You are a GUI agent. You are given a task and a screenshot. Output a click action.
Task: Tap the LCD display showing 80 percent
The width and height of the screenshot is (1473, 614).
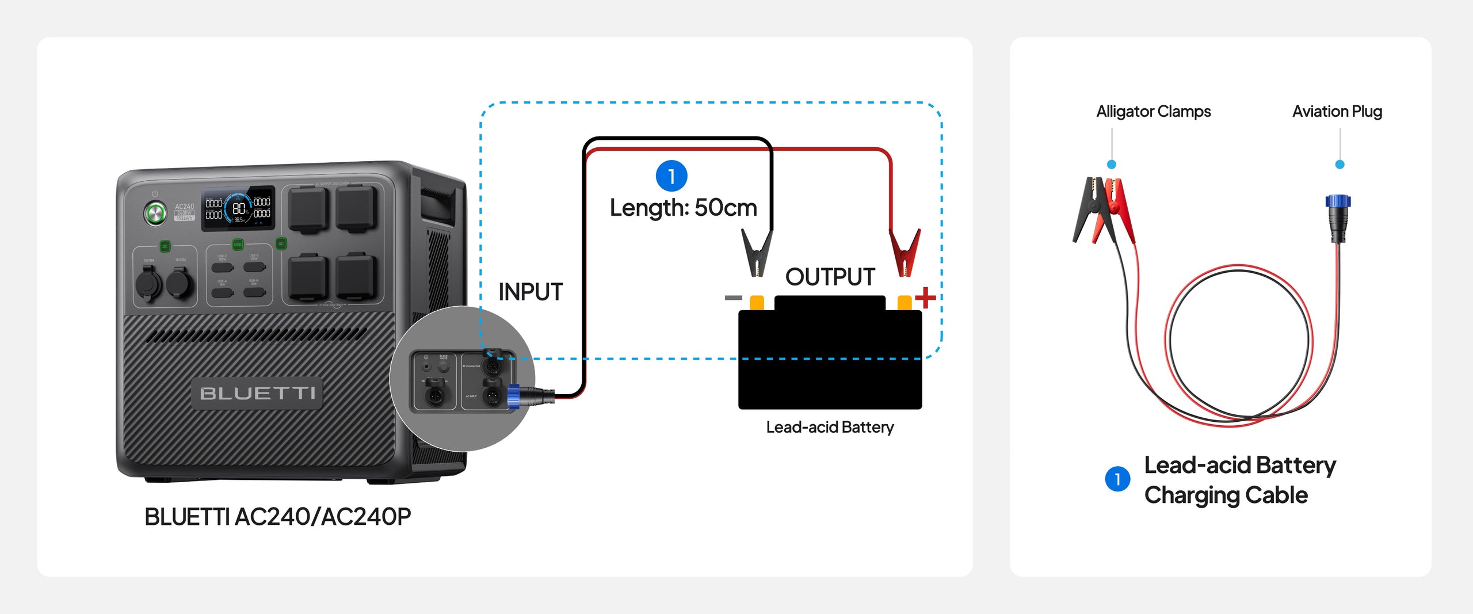click(x=238, y=209)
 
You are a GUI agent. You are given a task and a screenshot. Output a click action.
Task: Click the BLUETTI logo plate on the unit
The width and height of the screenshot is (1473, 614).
click(x=257, y=393)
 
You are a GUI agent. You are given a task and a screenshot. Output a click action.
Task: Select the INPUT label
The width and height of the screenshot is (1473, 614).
click(x=530, y=292)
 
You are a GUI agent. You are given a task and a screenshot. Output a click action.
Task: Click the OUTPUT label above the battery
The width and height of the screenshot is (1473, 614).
click(x=830, y=277)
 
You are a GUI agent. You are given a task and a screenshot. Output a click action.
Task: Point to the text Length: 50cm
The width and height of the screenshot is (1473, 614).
click(x=683, y=208)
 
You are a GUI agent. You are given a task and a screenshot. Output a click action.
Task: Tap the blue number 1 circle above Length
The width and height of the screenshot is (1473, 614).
click(x=671, y=176)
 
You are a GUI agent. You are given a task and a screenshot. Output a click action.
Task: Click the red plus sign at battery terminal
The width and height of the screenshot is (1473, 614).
click(x=925, y=298)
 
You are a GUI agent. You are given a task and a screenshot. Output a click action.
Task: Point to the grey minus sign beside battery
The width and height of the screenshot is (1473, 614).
click(x=733, y=298)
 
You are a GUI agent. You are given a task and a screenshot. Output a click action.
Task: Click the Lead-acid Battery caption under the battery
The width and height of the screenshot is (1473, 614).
click(x=830, y=427)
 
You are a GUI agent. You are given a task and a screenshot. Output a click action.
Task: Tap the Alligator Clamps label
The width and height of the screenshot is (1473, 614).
click(x=1153, y=111)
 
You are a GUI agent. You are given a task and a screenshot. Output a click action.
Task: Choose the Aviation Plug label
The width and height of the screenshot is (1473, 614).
click(x=1337, y=111)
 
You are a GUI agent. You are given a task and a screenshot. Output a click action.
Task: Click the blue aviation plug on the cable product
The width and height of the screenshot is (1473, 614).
click(x=1338, y=202)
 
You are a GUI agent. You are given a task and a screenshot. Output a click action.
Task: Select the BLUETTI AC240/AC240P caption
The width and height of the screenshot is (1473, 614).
click(x=277, y=517)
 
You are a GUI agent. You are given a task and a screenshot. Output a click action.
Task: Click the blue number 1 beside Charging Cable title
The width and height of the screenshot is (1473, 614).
click(x=1117, y=479)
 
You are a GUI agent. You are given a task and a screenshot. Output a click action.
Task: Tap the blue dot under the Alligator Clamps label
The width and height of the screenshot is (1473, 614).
click(x=1112, y=165)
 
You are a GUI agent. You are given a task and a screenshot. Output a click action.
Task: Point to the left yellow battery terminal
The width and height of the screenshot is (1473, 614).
click(x=757, y=302)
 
